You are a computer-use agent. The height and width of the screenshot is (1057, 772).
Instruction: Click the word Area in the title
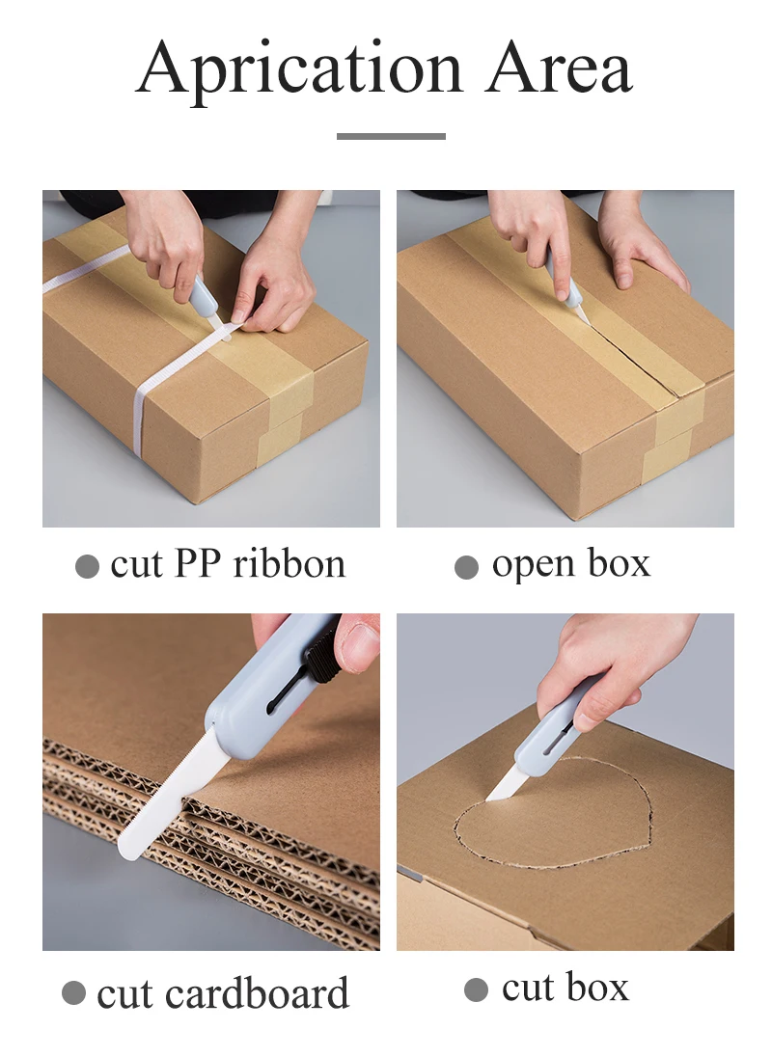click(x=559, y=69)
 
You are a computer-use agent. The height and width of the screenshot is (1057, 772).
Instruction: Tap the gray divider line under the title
click(x=391, y=136)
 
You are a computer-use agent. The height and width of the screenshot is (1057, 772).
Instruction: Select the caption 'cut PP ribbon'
click(x=228, y=565)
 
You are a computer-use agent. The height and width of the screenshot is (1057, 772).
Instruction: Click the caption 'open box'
click(x=570, y=564)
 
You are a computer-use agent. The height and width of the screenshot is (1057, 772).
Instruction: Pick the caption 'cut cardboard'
click(x=223, y=994)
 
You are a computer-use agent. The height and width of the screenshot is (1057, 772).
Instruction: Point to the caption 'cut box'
click(x=565, y=989)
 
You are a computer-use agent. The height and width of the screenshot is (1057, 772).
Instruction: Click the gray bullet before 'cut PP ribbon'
click(x=87, y=567)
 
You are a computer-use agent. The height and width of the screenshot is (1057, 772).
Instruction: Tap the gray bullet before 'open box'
click(x=466, y=567)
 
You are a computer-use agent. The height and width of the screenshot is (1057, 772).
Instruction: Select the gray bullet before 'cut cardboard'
click(x=73, y=993)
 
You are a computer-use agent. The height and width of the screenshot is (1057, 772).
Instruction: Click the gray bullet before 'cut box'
click(x=476, y=989)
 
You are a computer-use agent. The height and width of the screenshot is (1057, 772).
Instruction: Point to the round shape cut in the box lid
click(x=550, y=820)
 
